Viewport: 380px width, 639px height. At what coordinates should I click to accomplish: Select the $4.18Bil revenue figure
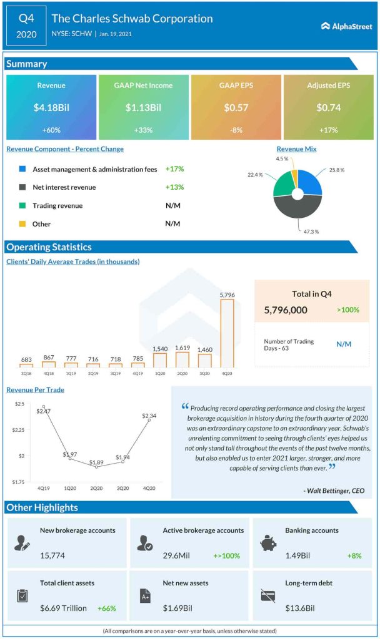[x=51, y=107]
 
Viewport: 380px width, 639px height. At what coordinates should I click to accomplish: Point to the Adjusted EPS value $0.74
[x=329, y=107]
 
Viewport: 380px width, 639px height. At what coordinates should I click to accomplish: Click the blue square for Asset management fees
[x=22, y=169]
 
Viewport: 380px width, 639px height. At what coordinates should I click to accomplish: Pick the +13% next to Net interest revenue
[x=174, y=187]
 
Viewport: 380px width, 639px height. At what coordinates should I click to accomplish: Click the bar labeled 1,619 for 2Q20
[x=182, y=359]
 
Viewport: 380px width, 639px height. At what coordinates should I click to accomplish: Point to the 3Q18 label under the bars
[x=26, y=374]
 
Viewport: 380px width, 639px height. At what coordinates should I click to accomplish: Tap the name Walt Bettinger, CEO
[x=334, y=491]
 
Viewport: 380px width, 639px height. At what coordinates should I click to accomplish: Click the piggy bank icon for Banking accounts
[x=267, y=542]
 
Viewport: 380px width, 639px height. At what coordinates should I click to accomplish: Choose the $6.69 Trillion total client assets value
[x=63, y=608]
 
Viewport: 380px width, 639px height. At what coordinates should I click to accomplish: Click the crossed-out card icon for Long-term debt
[x=267, y=595]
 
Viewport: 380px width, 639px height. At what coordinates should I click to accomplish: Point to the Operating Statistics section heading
[x=49, y=247]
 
